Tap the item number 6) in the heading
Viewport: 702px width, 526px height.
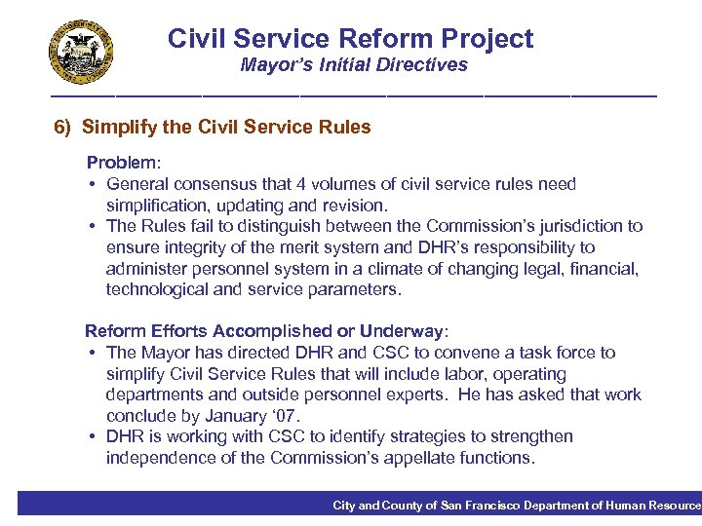63,128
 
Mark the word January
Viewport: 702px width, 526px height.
225,416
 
